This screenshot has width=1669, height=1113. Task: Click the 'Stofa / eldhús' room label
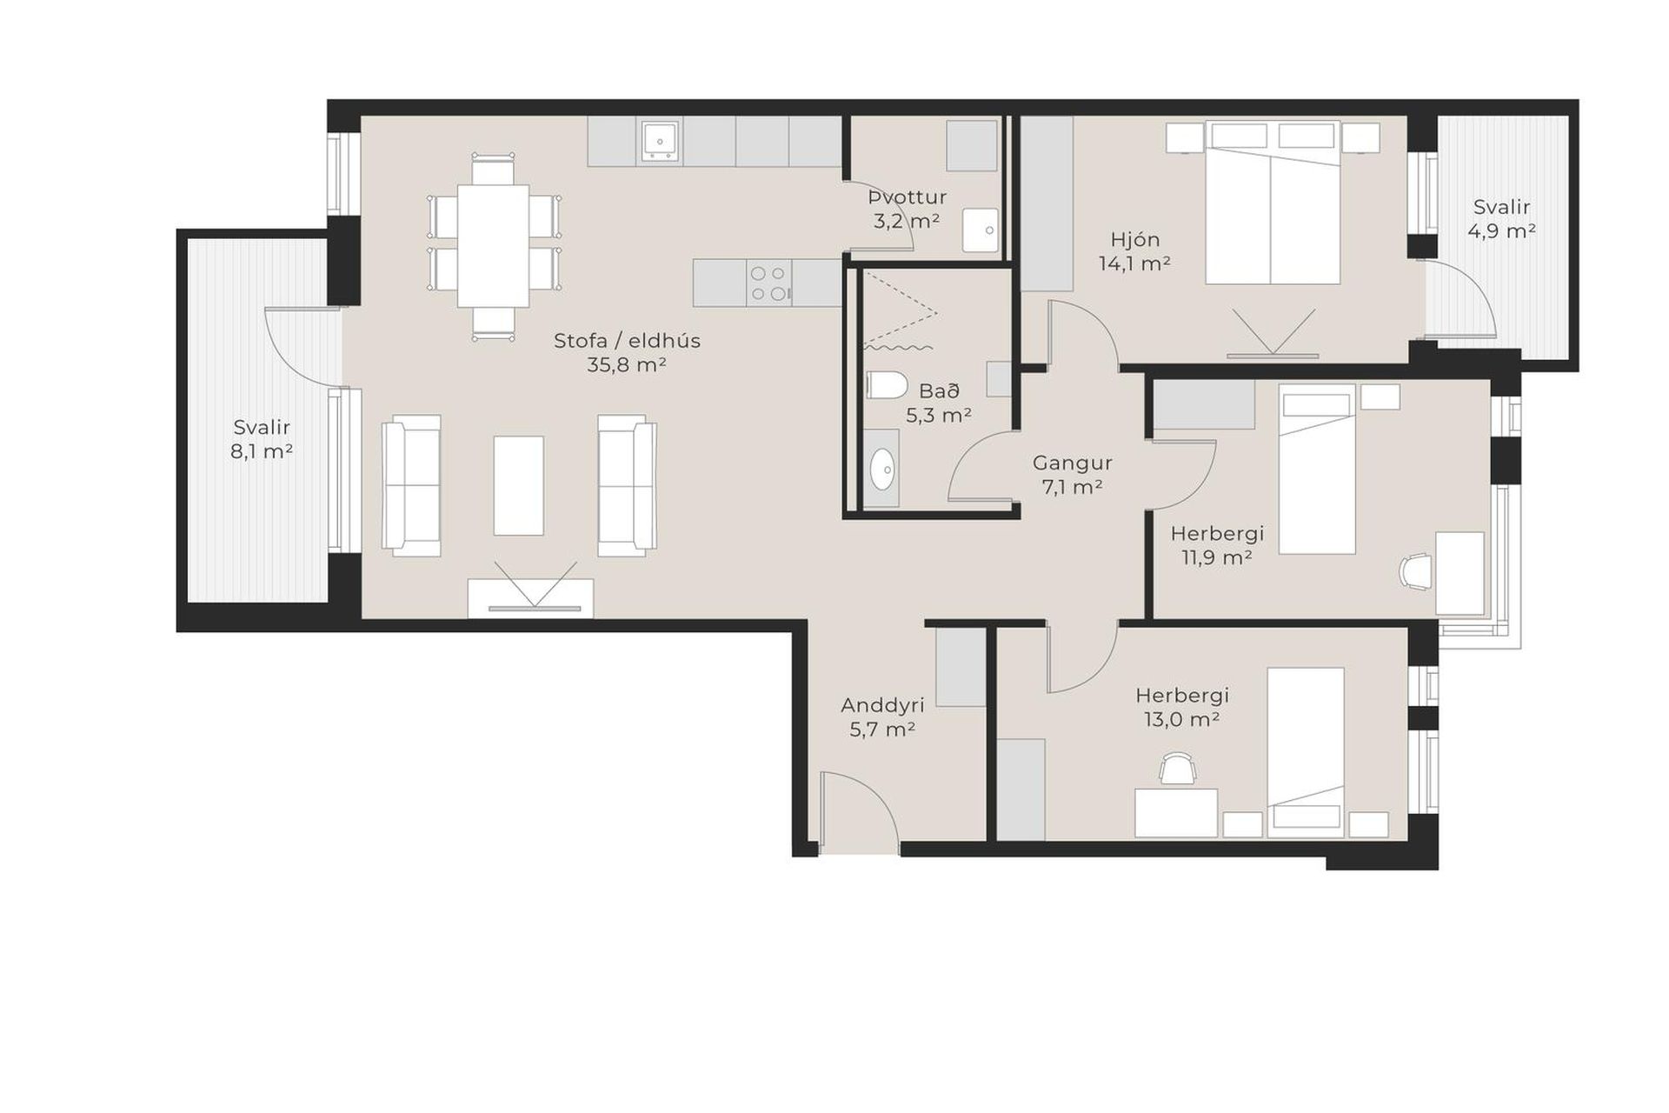click(627, 341)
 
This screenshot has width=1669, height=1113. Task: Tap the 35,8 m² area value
click(627, 365)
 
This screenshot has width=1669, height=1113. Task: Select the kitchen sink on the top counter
click(660, 141)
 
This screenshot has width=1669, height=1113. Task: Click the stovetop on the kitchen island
click(769, 283)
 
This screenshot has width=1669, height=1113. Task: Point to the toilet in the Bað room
click(887, 385)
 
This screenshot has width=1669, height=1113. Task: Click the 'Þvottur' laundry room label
click(908, 197)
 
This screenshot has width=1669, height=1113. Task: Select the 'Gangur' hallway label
click(1072, 463)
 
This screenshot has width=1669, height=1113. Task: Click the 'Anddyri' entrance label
click(882, 705)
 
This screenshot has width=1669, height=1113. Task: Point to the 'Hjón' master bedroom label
click(1135, 239)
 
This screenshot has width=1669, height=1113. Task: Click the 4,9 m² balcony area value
click(1501, 231)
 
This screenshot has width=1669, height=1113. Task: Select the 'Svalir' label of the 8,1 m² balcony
click(262, 427)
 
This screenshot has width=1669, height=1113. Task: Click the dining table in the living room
click(493, 245)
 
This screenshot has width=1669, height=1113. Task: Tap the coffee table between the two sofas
click(519, 485)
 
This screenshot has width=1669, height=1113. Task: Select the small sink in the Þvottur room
click(981, 230)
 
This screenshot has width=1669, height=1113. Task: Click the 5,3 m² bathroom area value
click(939, 416)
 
